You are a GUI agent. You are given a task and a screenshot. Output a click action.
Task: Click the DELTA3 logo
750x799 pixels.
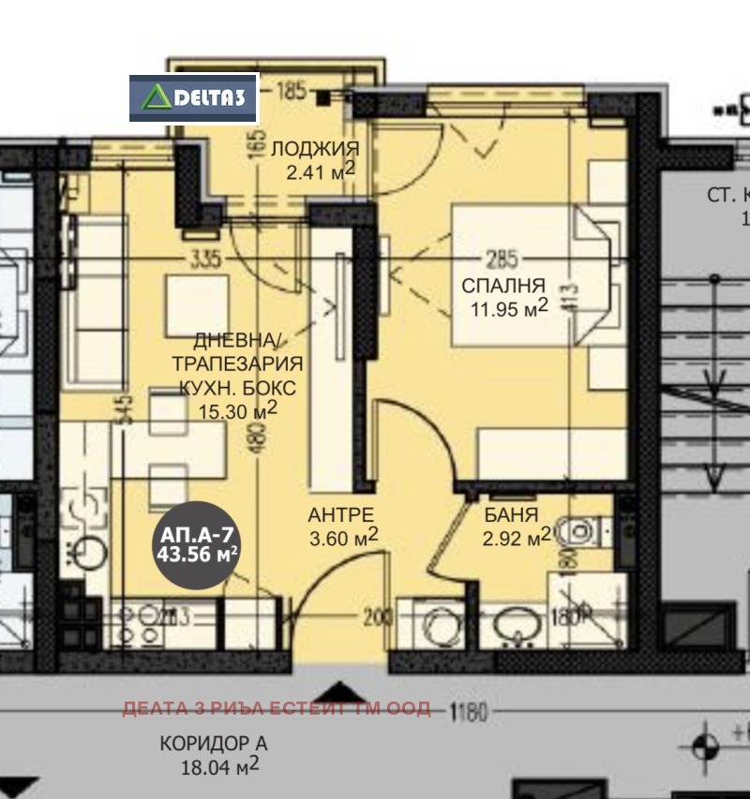point(193,98)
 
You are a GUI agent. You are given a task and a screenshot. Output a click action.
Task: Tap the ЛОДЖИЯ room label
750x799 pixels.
point(314,149)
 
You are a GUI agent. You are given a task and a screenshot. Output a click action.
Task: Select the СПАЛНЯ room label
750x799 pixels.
point(502,286)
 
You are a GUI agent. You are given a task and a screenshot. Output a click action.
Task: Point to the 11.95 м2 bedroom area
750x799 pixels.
point(509,308)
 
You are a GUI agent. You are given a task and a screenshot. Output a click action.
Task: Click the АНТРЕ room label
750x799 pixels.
point(341,514)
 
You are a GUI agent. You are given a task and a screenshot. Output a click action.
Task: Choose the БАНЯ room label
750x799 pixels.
point(511,514)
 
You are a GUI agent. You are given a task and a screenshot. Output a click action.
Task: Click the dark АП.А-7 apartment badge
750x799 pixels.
point(197,543)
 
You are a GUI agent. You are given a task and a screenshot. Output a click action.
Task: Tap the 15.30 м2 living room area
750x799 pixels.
point(238,409)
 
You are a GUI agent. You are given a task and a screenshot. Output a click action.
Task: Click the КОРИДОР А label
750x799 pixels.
point(213,744)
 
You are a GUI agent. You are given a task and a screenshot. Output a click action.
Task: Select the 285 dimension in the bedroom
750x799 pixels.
point(502,259)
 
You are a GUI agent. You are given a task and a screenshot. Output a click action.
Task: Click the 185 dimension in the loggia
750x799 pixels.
point(292,92)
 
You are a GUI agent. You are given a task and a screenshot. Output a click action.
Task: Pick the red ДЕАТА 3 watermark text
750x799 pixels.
point(277,708)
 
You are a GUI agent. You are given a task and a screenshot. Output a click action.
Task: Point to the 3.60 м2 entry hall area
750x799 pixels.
point(344,537)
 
